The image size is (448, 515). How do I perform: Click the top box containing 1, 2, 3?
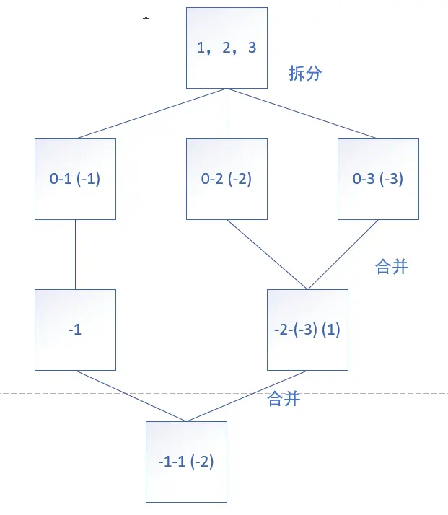coord(227,48)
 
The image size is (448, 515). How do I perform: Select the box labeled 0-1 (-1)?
coord(75,179)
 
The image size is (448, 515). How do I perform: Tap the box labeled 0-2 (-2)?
coord(227,179)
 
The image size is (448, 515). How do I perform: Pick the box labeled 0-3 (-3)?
coord(378,179)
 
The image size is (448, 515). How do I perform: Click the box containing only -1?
coord(75,330)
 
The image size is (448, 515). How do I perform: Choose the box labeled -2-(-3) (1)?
coord(307,330)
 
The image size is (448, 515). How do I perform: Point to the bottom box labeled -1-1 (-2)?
coord(186,462)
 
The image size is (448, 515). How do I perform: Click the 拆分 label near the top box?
coord(304,74)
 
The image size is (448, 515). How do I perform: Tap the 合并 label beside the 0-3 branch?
coord(392,267)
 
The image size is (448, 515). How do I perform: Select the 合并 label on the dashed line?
coord(283,399)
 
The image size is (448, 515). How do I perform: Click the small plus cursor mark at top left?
coord(146,18)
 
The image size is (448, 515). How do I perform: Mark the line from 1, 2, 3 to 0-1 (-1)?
coord(151,113)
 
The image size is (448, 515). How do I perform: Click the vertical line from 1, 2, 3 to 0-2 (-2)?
coord(227,113)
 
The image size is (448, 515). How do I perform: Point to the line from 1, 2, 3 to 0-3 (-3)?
coord(303,113)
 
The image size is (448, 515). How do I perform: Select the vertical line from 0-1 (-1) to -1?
coord(75,254)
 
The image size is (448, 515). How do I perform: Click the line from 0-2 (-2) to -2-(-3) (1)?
coord(267,254)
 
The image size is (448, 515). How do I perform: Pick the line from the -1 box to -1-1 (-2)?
coord(130,395)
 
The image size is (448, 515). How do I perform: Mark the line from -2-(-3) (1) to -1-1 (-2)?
coord(247,395)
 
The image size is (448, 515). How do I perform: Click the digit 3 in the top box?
coord(252,48)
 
